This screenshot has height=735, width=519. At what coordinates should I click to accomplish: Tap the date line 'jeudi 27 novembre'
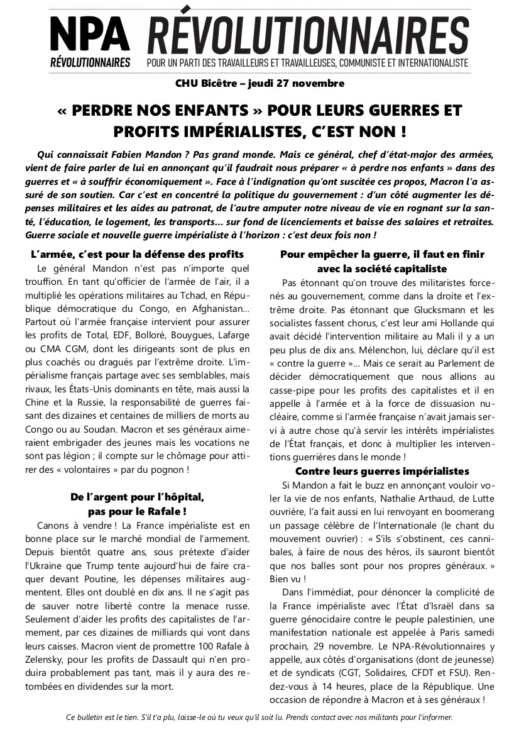(296, 83)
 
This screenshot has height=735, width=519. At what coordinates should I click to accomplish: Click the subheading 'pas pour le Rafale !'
(137, 511)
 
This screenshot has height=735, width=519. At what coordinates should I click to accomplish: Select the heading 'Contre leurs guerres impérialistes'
(382, 471)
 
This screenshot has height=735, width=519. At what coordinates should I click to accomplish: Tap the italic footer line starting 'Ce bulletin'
(258, 717)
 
